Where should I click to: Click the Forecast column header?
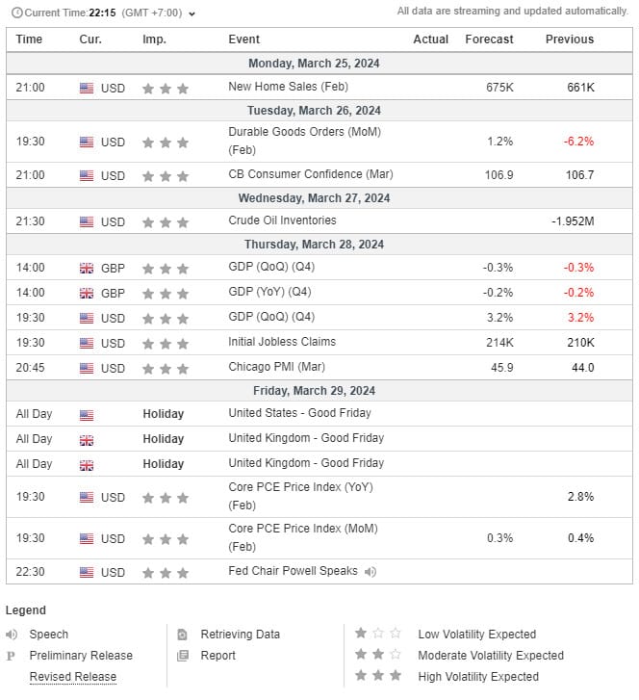pos(489,39)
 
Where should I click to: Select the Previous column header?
pos(569,39)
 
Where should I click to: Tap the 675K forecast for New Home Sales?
pos(499,88)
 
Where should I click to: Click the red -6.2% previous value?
pos(579,142)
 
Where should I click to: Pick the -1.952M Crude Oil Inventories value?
pos(573,221)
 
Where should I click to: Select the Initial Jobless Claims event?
pos(282,342)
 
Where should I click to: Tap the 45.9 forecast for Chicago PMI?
pos(501,368)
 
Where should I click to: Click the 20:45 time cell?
pos(30,368)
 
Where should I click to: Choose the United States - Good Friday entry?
pos(299,413)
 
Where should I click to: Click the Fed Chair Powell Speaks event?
pos(293,571)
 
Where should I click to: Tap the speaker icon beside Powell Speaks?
pos(371,571)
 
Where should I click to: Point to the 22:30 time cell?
pos(30,572)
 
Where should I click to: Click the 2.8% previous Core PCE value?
pos(580,497)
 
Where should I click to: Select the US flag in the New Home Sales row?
pos(87,88)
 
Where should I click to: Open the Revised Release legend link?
pos(72,677)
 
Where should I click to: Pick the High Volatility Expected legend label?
pos(477,677)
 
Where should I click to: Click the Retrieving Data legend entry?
pos(240,635)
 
